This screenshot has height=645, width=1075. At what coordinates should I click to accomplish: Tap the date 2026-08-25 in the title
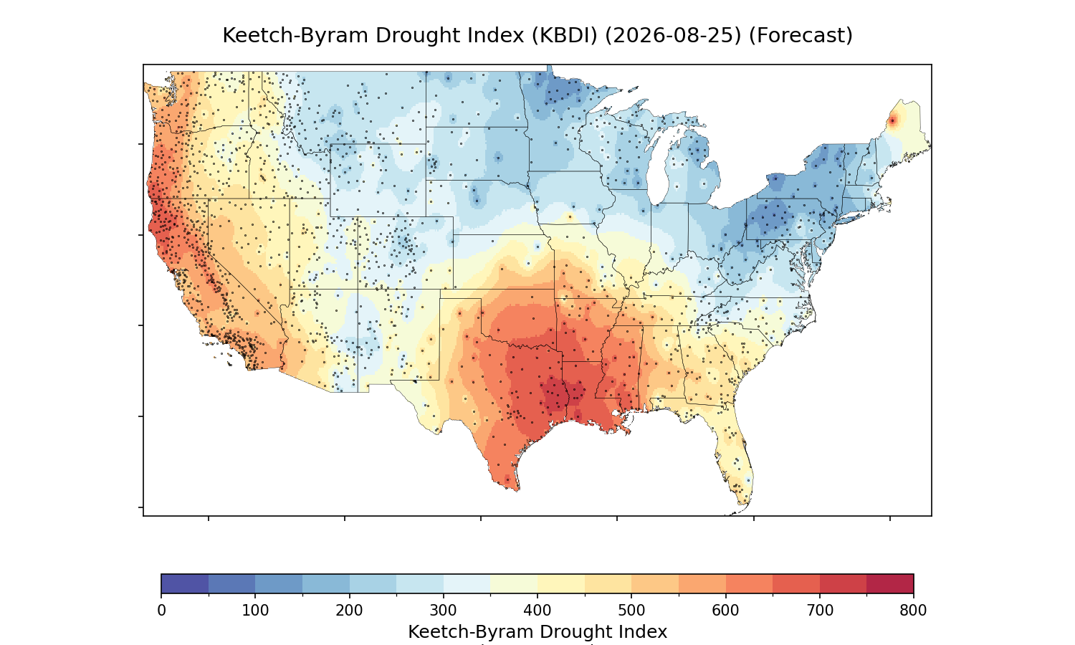pyautogui.click(x=672, y=36)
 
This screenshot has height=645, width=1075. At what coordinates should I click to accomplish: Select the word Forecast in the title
pyautogui.click(x=801, y=36)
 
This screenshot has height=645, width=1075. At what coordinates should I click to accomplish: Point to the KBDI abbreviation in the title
pyautogui.click(x=564, y=36)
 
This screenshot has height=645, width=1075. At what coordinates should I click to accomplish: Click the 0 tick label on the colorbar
pyautogui.click(x=162, y=611)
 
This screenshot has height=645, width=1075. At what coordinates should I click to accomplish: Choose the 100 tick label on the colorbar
pyautogui.click(x=255, y=611)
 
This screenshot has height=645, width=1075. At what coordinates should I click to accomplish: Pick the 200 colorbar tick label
pyautogui.click(x=350, y=611)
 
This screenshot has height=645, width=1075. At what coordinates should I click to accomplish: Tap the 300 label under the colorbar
pyautogui.click(x=444, y=611)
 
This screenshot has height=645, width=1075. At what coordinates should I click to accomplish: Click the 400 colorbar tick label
pyautogui.click(x=537, y=611)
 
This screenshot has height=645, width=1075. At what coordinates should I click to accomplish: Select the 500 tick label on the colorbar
pyautogui.click(x=631, y=611)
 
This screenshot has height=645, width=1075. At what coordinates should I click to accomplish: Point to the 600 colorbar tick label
pyautogui.click(x=725, y=611)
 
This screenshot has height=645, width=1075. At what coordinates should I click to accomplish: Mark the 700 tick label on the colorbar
pyautogui.click(x=820, y=611)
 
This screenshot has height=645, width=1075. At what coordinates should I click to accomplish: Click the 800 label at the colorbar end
pyautogui.click(x=913, y=611)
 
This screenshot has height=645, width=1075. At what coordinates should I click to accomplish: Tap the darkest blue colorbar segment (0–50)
pyautogui.click(x=185, y=583)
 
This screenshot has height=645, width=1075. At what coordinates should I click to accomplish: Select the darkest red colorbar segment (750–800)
pyautogui.click(x=890, y=583)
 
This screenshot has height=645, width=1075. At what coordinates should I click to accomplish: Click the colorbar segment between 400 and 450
pyautogui.click(x=561, y=583)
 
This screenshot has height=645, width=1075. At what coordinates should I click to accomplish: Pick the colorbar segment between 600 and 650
pyautogui.click(x=749, y=583)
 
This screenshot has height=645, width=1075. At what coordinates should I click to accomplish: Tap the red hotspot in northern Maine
pyautogui.click(x=893, y=121)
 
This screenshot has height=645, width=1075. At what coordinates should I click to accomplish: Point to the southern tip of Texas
pyautogui.click(x=517, y=490)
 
